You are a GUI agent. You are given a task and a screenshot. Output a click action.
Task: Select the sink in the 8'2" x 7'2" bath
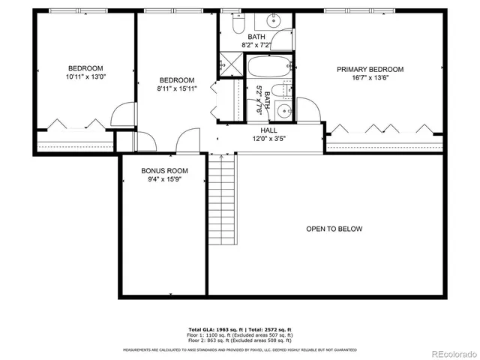click(x=283, y=39)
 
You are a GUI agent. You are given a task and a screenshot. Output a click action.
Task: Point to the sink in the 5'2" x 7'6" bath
click(x=284, y=112)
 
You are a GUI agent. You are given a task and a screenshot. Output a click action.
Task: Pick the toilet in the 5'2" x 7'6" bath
click(x=277, y=91)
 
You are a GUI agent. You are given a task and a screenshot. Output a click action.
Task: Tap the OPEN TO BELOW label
click(x=334, y=229)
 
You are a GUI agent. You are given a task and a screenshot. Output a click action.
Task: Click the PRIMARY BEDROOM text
click(x=370, y=69)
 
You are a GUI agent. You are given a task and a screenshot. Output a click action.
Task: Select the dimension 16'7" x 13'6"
click(x=370, y=78)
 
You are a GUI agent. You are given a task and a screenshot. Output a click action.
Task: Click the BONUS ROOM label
click(x=164, y=171)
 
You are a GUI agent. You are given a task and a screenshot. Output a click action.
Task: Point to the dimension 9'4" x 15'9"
click(x=164, y=180)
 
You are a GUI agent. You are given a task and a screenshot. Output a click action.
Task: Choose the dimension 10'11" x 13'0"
click(x=85, y=76)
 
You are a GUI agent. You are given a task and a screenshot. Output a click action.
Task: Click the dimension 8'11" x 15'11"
click(x=176, y=89)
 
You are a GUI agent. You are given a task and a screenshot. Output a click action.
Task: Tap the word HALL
click(x=259, y=130)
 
